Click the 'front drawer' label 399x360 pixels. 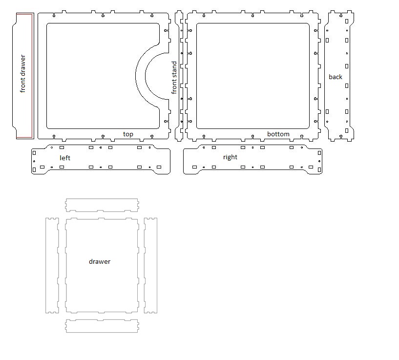click(x=22, y=74)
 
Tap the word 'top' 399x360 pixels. click(x=128, y=134)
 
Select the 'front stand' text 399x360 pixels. click(x=174, y=78)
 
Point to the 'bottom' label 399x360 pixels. click(x=278, y=134)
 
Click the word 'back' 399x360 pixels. click(x=336, y=77)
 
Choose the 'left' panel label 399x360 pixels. click(x=65, y=158)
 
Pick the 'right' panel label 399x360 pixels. click(x=230, y=157)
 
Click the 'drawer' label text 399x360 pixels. click(x=100, y=261)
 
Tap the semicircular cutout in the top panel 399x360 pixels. click(x=141, y=76)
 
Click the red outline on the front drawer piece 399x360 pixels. click(x=32, y=76)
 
